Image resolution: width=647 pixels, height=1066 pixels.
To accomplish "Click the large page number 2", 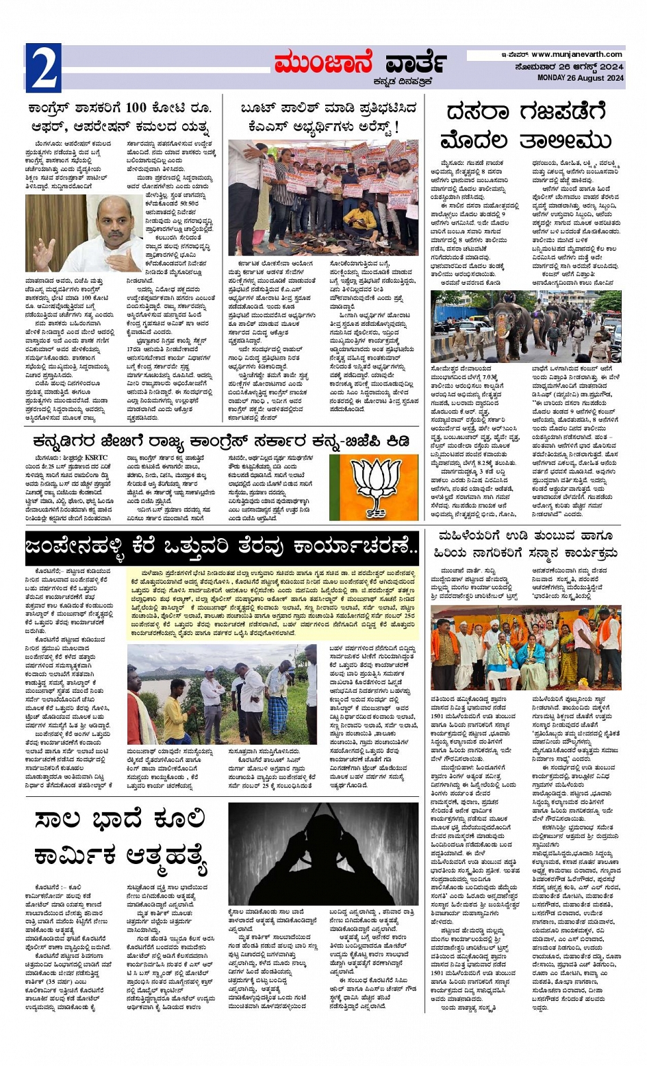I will click(x=43, y=69).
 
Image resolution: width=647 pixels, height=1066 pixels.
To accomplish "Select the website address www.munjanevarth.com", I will click(x=576, y=55).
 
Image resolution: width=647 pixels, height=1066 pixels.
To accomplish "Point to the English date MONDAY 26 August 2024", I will click(x=580, y=78).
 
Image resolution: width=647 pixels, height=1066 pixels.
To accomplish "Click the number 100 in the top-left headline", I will click(x=136, y=108).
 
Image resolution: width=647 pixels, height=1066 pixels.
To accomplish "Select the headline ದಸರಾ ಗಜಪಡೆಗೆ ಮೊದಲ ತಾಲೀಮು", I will click(x=527, y=126).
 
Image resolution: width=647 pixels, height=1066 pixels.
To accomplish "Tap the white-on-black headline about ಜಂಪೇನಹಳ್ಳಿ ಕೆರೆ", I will click(x=222, y=547).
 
